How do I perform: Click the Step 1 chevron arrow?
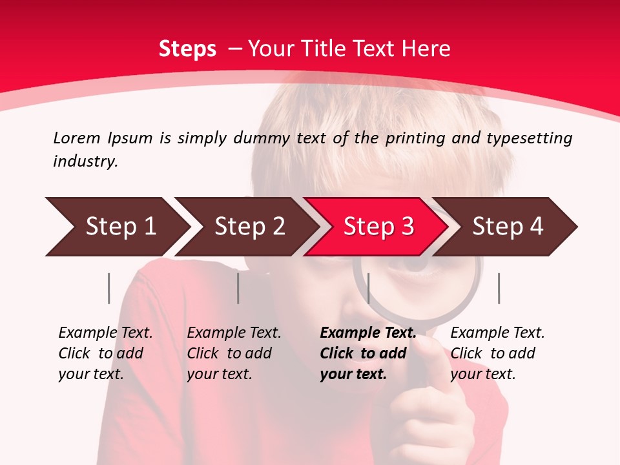(x=116, y=227)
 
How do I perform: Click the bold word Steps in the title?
(x=187, y=49)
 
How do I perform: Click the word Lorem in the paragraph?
(x=76, y=138)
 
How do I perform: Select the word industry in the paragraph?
(x=85, y=161)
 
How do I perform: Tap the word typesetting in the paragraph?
(x=529, y=138)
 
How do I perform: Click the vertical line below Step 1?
(x=109, y=288)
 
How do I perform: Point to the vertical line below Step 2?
(x=238, y=288)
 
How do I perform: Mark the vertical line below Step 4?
(x=499, y=288)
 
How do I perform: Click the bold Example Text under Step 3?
(x=368, y=333)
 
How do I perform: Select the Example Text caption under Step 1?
(x=105, y=333)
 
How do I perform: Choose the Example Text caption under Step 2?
(x=234, y=333)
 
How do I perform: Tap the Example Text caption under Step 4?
(x=497, y=333)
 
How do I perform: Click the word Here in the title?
(x=426, y=49)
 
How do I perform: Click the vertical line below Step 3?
(x=368, y=288)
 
